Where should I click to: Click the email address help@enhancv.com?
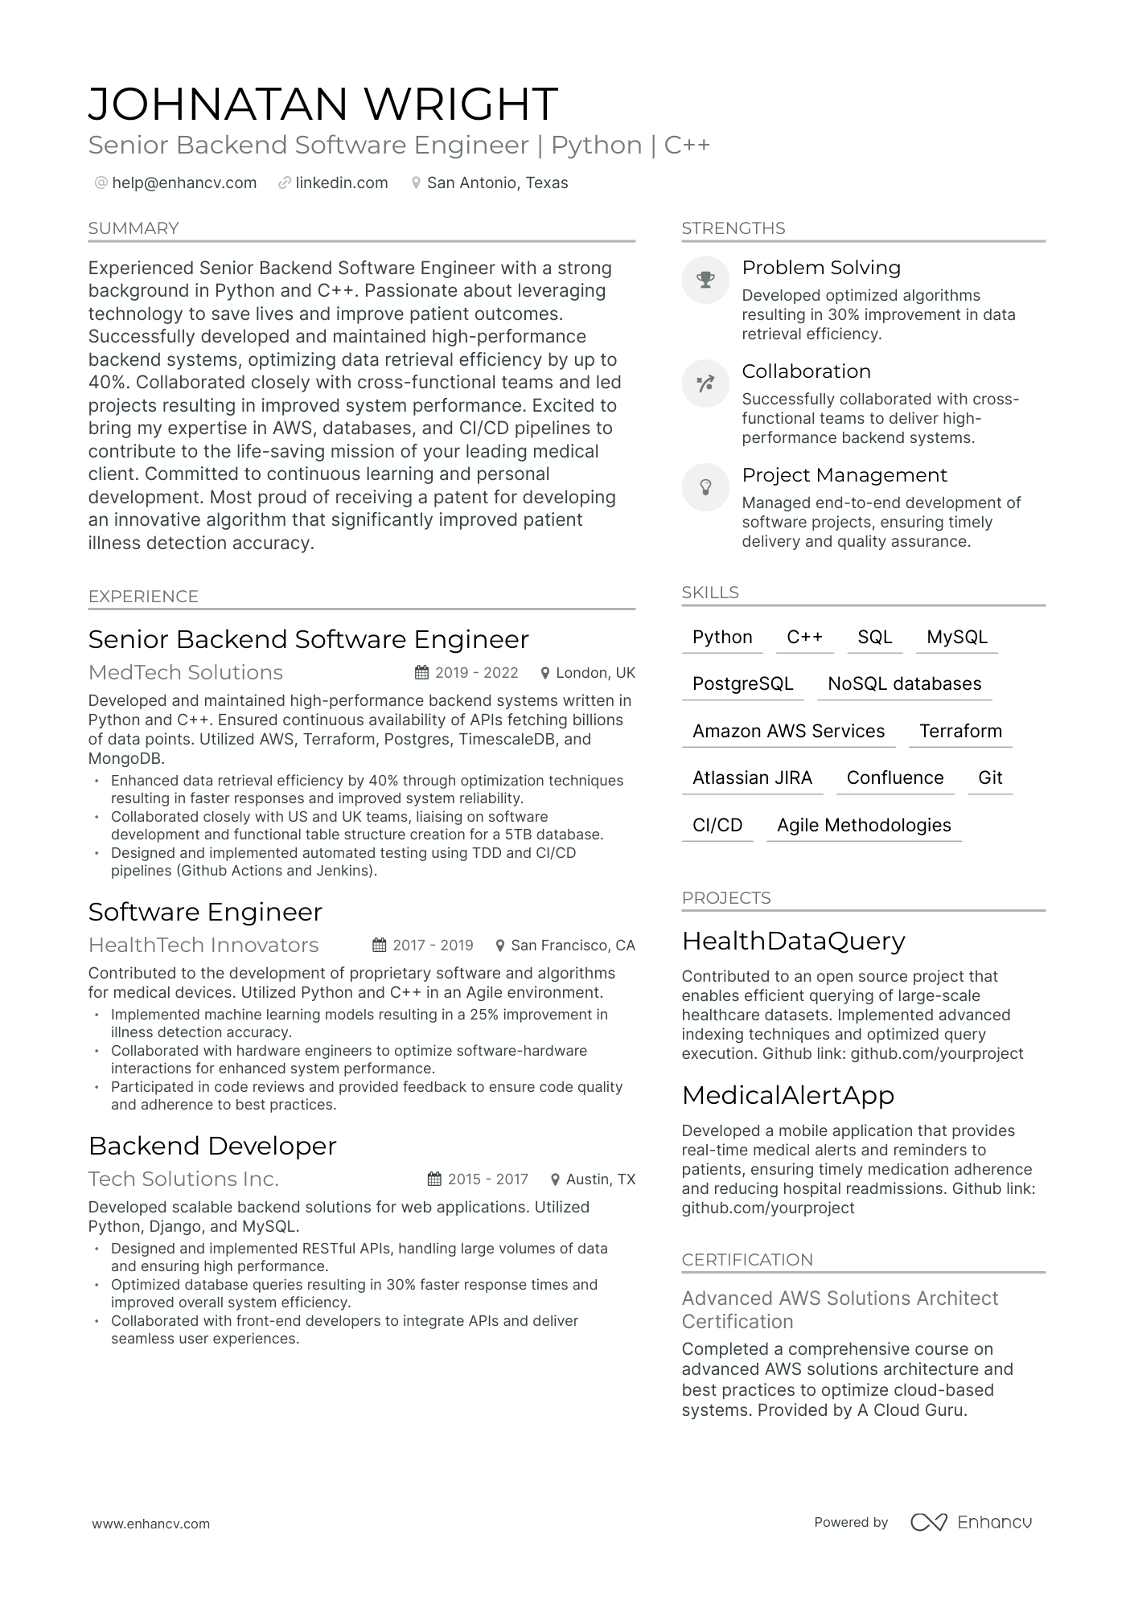click(184, 183)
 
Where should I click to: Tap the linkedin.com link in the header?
click(341, 183)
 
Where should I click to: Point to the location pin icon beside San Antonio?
click(416, 183)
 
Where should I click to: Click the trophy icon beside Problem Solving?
click(705, 280)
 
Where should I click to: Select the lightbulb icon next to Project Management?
click(705, 487)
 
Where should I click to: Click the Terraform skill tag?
click(960, 731)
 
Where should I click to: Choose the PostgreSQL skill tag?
click(742, 684)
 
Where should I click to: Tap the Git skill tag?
click(989, 777)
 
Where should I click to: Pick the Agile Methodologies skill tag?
click(864, 825)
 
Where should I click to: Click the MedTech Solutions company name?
click(186, 672)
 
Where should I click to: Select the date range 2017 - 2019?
click(433, 946)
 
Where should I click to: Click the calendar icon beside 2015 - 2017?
click(434, 1179)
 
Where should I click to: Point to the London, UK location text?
click(595, 673)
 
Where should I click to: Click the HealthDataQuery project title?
click(793, 941)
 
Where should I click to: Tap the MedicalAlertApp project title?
click(788, 1095)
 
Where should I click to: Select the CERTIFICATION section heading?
click(747, 1260)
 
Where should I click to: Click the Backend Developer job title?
click(212, 1146)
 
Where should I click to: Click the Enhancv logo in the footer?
click(971, 1522)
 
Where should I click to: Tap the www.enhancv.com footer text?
click(150, 1524)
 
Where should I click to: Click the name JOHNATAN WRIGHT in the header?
click(323, 104)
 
